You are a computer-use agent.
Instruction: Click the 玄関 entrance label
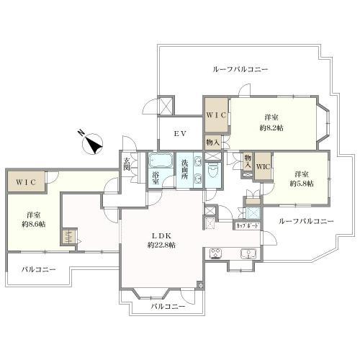point(127,164)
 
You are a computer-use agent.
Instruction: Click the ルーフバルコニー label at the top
point(240,70)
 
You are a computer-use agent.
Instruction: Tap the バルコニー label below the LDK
point(168,306)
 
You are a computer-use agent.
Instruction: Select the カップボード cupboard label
point(248,226)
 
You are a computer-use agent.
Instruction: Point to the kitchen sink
point(248,253)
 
